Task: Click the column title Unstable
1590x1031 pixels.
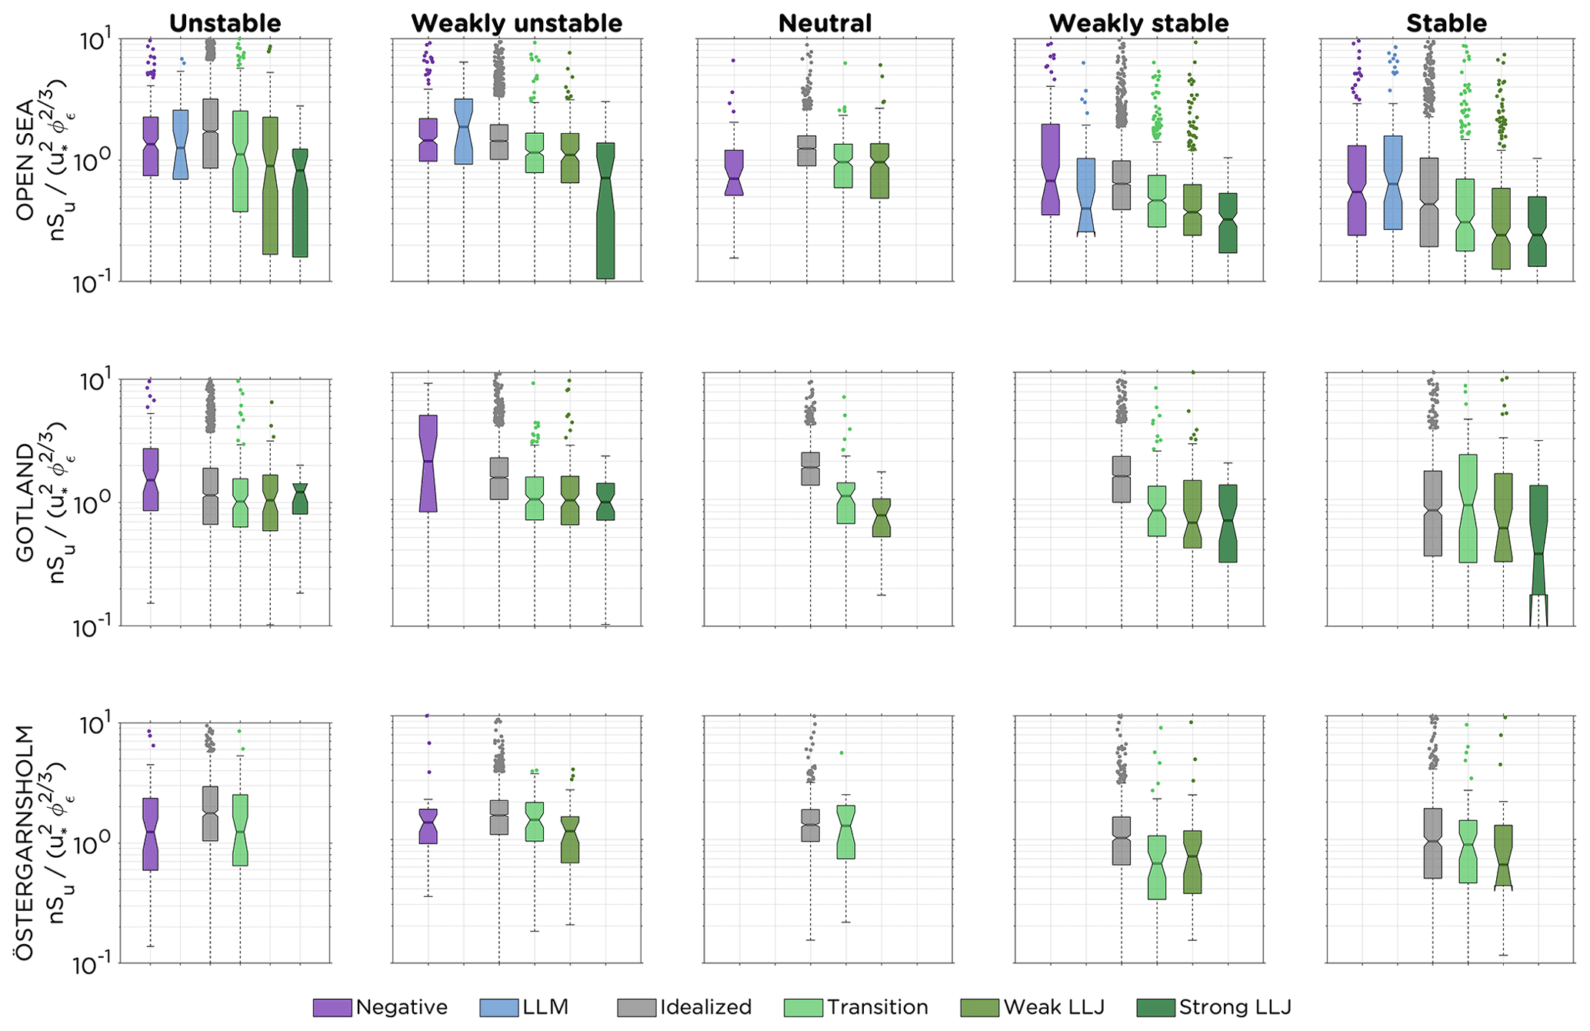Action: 225,23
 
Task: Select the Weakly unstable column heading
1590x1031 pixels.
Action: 516,23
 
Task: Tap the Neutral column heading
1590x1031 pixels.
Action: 825,23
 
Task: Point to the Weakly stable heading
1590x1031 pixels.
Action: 1138,23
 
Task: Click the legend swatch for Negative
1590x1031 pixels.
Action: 332,1008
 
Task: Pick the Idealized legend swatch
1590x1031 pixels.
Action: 636,1008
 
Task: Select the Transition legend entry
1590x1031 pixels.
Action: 803,1008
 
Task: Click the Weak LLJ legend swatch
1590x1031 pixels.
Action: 980,1008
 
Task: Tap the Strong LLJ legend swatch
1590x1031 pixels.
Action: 1155,1008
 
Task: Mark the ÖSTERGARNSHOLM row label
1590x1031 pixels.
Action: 25,842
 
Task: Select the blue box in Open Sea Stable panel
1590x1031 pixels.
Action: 1392,182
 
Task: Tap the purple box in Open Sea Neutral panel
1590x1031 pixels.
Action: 734,172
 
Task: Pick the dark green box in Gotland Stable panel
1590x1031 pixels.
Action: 1538,539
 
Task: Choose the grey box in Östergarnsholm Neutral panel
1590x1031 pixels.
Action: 810,825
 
